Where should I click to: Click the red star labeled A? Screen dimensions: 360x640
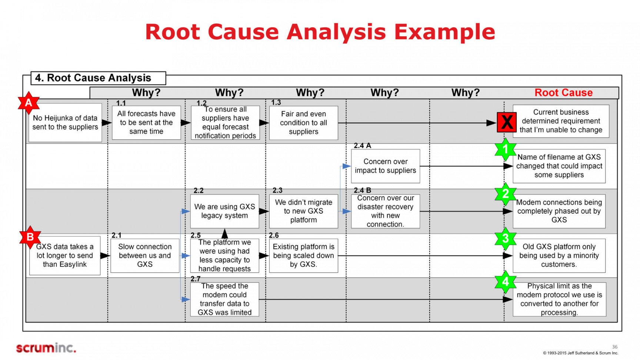click(29, 103)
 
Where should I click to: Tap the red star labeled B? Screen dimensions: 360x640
click(30, 237)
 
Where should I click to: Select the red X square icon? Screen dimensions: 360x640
click(506, 123)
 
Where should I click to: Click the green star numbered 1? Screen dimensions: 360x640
click(505, 149)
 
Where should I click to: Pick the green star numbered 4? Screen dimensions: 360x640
click(505, 282)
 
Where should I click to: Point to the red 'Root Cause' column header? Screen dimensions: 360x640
click(563, 93)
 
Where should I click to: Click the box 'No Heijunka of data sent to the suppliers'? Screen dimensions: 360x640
click(65, 123)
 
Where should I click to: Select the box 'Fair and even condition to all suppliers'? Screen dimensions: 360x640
click(303, 123)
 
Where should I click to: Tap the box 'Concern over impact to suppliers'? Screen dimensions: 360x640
click(385, 166)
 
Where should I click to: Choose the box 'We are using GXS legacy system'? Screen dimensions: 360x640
click(224, 211)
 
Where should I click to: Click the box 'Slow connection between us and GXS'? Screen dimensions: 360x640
click(145, 256)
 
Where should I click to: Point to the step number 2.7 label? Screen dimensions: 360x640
click(196, 279)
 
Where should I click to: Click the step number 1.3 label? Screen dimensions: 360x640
click(276, 103)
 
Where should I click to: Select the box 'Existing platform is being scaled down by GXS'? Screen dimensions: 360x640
click(303, 256)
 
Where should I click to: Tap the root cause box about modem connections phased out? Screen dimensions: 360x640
click(559, 211)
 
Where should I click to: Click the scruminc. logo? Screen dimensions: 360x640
click(46, 348)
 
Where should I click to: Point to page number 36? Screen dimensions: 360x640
click(614, 347)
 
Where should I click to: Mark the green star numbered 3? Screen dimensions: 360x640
click(505, 238)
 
